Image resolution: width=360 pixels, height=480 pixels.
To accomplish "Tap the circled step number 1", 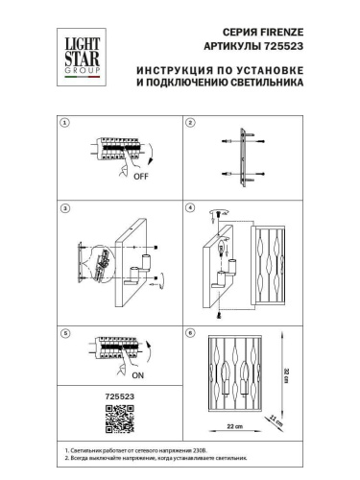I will (64, 123).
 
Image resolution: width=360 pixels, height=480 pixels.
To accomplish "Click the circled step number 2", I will (190, 123).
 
